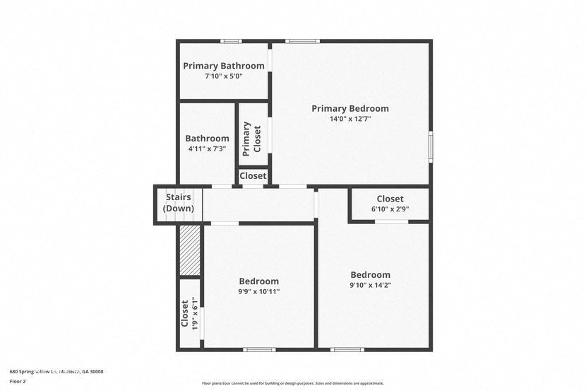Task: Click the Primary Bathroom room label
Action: pyautogui.click(x=224, y=66)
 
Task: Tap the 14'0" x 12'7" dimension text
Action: pyautogui.click(x=350, y=119)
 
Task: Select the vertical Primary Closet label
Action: pyautogui.click(x=252, y=139)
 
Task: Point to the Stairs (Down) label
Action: pyautogui.click(x=178, y=202)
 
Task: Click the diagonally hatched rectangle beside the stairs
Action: pyautogui.click(x=190, y=250)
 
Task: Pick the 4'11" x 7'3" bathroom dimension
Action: pyautogui.click(x=207, y=149)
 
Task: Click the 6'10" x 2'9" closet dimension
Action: pyautogui.click(x=390, y=209)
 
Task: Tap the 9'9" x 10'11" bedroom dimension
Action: pyautogui.click(x=259, y=291)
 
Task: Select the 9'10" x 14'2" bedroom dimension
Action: pyautogui.click(x=370, y=286)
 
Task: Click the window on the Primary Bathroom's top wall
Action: pyautogui.click(x=231, y=41)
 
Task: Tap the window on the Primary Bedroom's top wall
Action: pyautogui.click(x=302, y=41)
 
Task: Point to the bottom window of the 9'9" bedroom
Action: pyautogui.click(x=259, y=349)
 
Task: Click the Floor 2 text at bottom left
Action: pyautogui.click(x=18, y=381)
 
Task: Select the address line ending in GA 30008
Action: pyautogui.click(x=56, y=371)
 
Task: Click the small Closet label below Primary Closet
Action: pyautogui.click(x=253, y=176)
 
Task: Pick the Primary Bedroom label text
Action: pyautogui.click(x=350, y=108)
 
